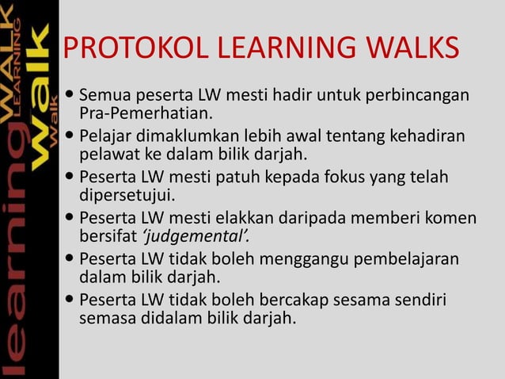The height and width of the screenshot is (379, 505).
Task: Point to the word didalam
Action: tap(168, 319)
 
